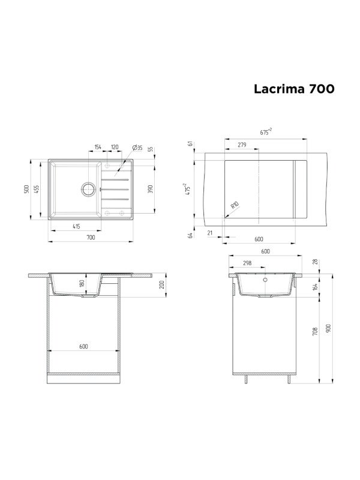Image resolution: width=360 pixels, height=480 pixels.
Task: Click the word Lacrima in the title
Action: click(x=280, y=88)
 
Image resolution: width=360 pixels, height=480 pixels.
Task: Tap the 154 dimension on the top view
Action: click(x=97, y=148)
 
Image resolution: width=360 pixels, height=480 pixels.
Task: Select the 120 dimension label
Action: click(x=113, y=148)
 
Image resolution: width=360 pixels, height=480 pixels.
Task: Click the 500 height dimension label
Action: click(x=27, y=189)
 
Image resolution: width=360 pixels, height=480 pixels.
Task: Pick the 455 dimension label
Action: click(x=37, y=189)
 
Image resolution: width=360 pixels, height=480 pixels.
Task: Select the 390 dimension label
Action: click(x=151, y=189)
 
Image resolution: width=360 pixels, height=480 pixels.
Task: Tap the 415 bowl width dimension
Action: click(x=77, y=226)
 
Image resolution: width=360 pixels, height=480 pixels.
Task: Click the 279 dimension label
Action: click(x=242, y=145)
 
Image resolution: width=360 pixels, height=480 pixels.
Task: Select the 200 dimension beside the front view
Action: click(x=161, y=284)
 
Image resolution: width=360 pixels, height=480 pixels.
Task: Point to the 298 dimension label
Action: click(x=247, y=263)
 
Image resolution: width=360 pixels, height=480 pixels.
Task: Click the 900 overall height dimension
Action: click(x=328, y=329)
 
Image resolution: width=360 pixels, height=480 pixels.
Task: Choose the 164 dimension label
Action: click(x=315, y=286)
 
